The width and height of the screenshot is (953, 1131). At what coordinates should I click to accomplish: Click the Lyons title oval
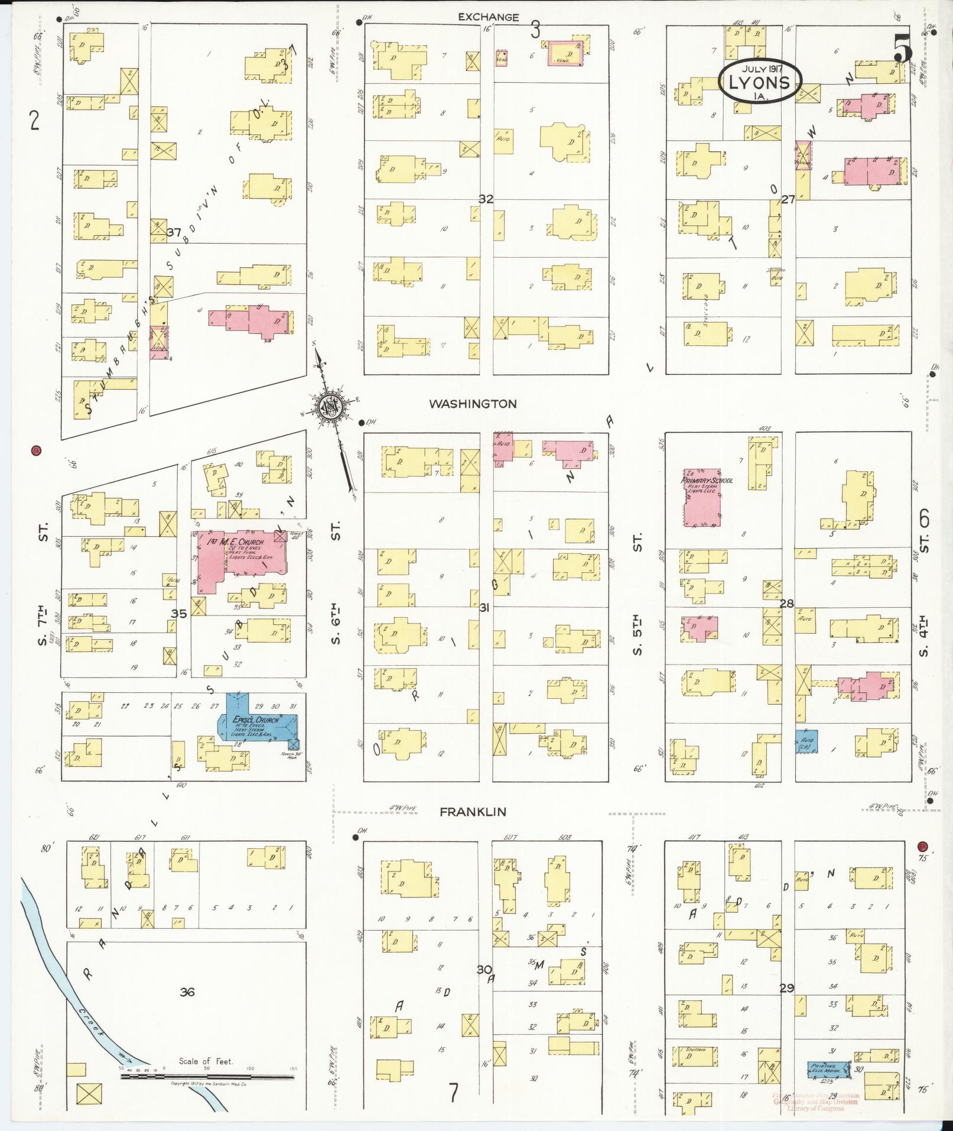(760, 81)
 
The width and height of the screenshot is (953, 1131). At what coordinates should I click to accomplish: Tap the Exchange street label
(489, 18)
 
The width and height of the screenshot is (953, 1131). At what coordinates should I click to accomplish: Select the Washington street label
(473, 404)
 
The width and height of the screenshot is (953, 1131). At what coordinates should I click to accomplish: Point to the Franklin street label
(473, 812)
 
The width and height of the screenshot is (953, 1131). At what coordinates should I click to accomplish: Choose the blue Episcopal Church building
(257, 722)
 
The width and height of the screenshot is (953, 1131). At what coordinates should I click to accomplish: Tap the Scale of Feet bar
(207, 1077)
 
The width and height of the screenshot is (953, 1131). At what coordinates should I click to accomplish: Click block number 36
(187, 993)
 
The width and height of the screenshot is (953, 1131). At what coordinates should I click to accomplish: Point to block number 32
(486, 200)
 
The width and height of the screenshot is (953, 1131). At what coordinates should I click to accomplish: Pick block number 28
(786, 604)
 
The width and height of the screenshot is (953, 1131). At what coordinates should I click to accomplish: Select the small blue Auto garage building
(806, 741)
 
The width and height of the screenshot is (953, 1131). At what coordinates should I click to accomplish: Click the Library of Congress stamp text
(815, 1108)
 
